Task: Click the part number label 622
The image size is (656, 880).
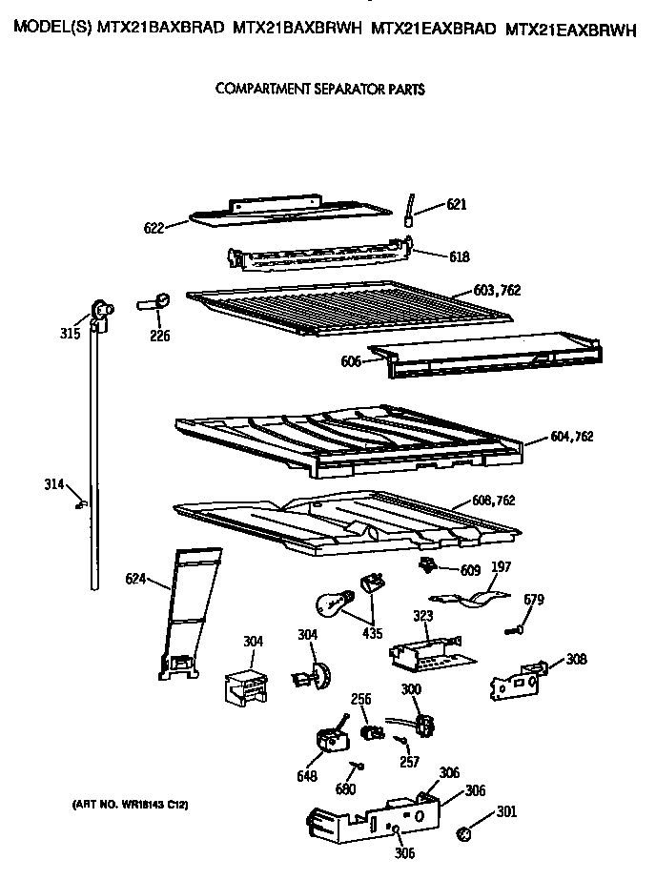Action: point(154,228)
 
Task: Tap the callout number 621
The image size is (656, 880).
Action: point(457,205)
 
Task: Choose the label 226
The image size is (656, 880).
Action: point(159,335)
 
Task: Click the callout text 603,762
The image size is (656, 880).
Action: point(497,291)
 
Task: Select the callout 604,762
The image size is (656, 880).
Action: point(571,437)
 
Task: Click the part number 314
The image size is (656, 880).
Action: point(54,484)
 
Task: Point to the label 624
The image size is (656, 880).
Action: point(135,578)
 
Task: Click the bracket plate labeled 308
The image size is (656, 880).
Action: point(516,677)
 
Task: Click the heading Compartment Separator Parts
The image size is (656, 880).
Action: point(319,89)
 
